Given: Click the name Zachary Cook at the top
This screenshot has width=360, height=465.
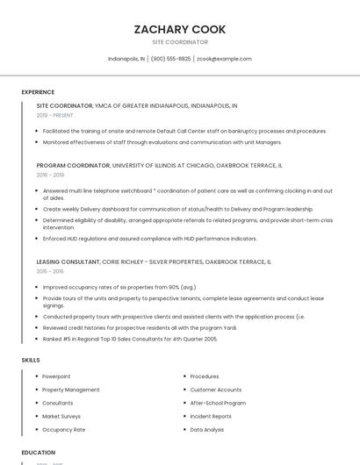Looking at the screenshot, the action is [x=180, y=29].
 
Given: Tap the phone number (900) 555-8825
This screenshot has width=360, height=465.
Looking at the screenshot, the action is [x=170, y=59].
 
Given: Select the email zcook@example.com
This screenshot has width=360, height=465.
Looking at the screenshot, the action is [x=224, y=59].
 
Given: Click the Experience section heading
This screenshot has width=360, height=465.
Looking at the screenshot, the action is [x=38, y=92].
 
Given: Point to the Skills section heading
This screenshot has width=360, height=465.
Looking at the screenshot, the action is [x=31, y=360].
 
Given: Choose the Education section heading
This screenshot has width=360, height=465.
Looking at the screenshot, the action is [x=39, y=453].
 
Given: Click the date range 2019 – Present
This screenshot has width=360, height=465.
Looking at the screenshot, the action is [x=55, y=115].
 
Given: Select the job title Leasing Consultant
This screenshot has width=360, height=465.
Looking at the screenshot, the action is [x=68, y=261].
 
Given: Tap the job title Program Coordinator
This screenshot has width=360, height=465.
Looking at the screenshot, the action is [x=73, y=165].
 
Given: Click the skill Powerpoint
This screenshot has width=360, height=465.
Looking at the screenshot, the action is [x=56, y=376].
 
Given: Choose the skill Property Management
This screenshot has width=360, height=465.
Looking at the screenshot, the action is [x=71, y=390].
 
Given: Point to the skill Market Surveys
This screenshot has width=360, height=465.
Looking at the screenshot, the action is [x=61, y=417].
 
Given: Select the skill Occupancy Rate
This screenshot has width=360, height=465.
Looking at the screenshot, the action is [x=64, y=430].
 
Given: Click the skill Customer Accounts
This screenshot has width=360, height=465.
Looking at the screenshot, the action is [x=216, y=390].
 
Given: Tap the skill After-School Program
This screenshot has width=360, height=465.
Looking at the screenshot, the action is [x=218, y=403].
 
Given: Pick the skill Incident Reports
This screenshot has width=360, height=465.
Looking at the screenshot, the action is [x=211, y=417].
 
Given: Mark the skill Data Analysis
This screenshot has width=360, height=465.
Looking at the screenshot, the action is [x=207, y=430].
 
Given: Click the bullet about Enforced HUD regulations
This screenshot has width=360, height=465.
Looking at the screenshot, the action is [x=150, y=239].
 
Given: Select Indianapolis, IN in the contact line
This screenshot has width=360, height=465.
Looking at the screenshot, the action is [x=126, y=59].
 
